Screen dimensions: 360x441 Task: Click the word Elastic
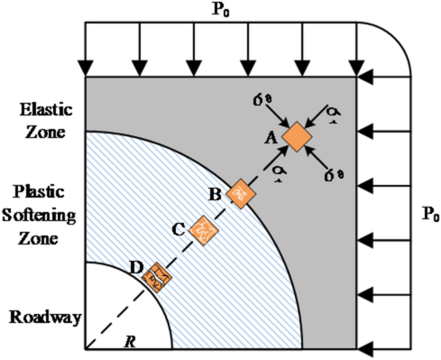42,111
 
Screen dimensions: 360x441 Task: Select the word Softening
42,216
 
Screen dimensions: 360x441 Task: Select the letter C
179,228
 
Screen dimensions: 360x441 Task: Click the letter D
136,267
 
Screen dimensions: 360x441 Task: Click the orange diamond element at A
297,136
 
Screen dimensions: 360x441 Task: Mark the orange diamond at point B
241,193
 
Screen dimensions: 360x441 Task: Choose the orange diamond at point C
206,229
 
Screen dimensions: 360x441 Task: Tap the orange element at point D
159,275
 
